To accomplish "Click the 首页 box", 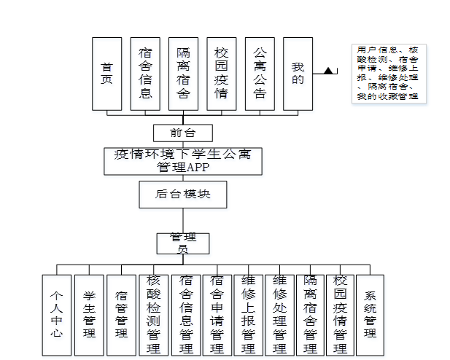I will (x=106, y=74).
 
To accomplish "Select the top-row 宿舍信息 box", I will (x=145, y=74).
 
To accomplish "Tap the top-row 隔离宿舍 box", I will (x=183, y=74).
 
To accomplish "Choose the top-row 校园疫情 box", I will (x=221, y=74).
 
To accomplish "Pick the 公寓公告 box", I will (x=260, y=74).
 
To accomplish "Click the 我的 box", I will (x=298, y=74).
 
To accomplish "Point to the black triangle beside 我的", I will (x=329, y=71).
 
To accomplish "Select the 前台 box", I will (x=183, y=133).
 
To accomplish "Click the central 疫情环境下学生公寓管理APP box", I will (x=183, y=160).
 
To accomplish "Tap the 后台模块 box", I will (x=183, y=195).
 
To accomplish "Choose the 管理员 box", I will (x=183, y=243).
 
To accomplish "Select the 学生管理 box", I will (x=89, y=315).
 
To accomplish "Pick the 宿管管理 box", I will (x=121, y=315).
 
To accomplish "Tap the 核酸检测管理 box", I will (x=153, y=315).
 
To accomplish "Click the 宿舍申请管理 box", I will (x=217, y=315).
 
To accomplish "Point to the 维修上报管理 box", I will (x=248, y=315).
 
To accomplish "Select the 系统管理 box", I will (x=370, y=315).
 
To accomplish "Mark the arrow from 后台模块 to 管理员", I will (x=183, y=220).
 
